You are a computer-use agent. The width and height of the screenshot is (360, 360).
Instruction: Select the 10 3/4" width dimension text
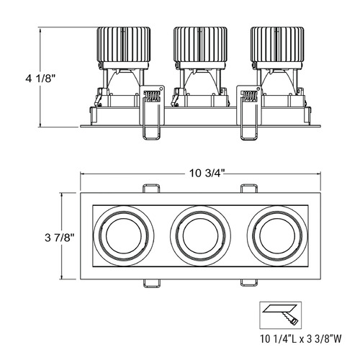[207, 173]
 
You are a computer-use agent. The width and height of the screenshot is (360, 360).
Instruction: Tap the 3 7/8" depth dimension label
[60, 238]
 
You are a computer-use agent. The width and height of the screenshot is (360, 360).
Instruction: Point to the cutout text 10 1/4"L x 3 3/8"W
[301, 339]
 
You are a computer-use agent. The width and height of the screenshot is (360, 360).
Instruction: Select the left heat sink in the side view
[124, 45]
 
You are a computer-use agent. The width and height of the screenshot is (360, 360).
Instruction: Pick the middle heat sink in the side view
[200, 45]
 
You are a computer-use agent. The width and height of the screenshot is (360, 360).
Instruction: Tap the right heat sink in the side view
[277, 45]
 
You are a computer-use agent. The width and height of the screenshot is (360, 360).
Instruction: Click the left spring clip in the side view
[152, 112]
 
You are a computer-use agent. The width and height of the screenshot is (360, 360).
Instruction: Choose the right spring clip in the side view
[248, 112]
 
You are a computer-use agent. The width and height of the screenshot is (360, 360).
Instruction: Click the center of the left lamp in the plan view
[124, 235]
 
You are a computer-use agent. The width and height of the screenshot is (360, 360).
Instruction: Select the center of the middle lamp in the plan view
[200, 235]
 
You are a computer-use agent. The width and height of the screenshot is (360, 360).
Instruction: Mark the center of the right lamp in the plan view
[277, 235]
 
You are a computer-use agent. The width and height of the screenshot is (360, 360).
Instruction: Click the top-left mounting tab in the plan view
[151, 188]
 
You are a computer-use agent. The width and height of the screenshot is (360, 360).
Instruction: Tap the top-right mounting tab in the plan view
[249, 188]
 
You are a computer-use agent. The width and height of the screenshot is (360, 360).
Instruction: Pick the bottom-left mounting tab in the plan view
[151, 283]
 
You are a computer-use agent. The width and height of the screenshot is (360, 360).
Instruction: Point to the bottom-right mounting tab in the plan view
[249, 283]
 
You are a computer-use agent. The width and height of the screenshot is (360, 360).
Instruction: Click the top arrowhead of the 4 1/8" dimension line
[40, 28]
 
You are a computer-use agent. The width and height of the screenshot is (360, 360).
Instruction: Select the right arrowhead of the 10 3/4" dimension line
[320, 174]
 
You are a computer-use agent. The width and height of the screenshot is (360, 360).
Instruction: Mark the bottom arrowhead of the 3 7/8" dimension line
[63, 279]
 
